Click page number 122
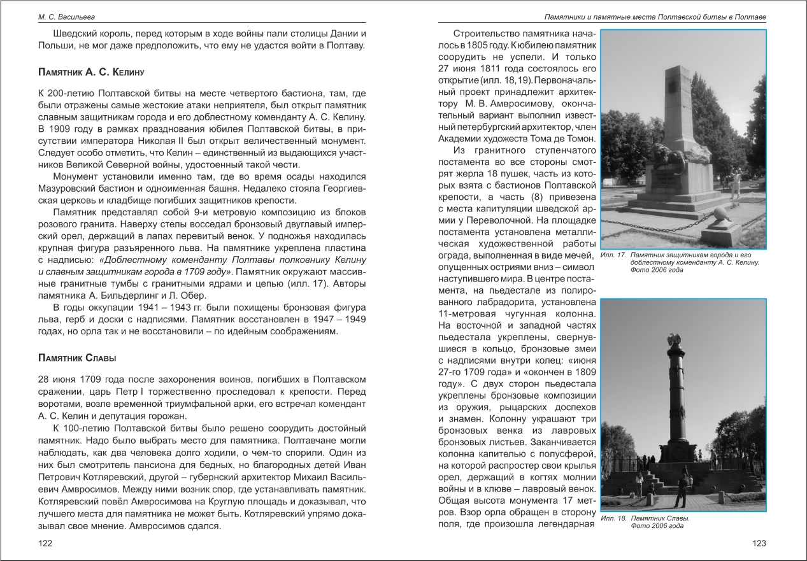(45, 543)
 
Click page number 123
(759, 543)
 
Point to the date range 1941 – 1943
(148, 307)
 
